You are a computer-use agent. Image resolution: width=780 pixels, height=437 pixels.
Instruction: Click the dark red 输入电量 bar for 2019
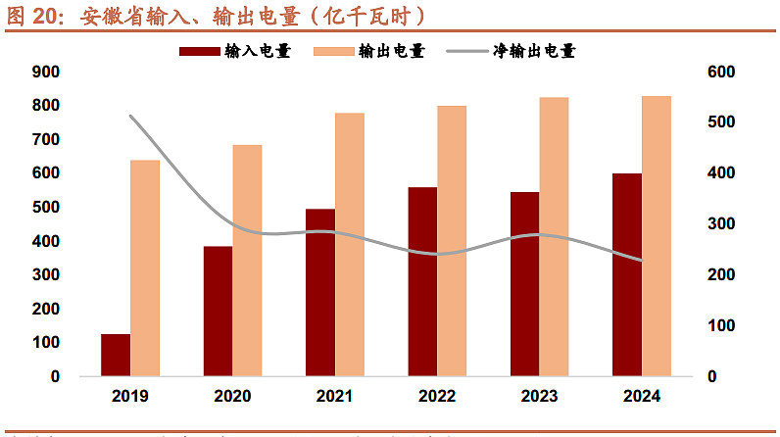[116, 355]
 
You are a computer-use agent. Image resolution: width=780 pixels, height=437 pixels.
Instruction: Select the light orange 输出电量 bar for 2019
[145, 267]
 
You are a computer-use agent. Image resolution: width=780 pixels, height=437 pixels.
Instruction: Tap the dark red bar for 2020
[218, 311]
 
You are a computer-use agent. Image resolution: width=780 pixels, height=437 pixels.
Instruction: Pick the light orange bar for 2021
[350, 244]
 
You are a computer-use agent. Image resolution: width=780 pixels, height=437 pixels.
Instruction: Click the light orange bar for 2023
[555, 236]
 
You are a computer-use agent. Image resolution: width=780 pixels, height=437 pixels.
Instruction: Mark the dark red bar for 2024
[627, 274]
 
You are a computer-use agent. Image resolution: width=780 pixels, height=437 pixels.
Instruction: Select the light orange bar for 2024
[657, 235]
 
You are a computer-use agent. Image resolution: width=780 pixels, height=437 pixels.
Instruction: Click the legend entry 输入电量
[236, 51]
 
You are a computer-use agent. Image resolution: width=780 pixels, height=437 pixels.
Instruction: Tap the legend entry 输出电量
[371, 51]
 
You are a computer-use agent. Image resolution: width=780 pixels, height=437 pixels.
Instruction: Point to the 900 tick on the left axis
[46, 72]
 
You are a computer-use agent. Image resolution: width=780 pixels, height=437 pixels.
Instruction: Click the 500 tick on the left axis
[46, 208]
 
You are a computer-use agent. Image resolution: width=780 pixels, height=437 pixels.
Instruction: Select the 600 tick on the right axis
[721, 72]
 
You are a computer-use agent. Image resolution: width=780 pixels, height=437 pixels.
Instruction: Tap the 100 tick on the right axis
[721, 325]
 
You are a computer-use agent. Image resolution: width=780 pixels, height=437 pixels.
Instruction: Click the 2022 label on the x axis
[437, 397]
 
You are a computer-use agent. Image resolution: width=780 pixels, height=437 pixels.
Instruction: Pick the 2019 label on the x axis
[130, 397]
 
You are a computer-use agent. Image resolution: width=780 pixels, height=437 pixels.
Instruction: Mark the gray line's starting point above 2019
[130, 116]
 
